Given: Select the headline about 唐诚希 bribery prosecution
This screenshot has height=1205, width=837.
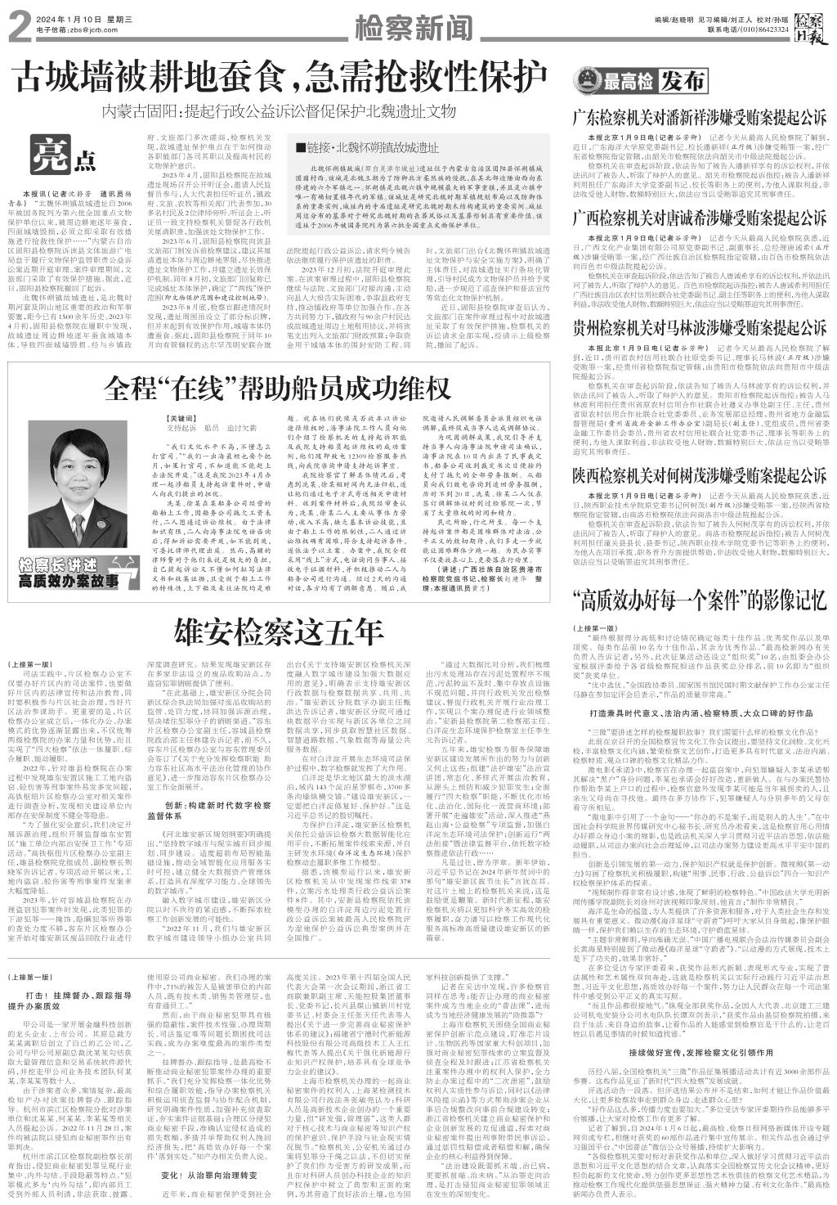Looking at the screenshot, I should point(699,217).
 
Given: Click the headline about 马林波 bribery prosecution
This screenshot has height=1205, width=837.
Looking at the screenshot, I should point(699,328).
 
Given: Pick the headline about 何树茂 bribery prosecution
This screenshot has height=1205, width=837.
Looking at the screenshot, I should point(699,473).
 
